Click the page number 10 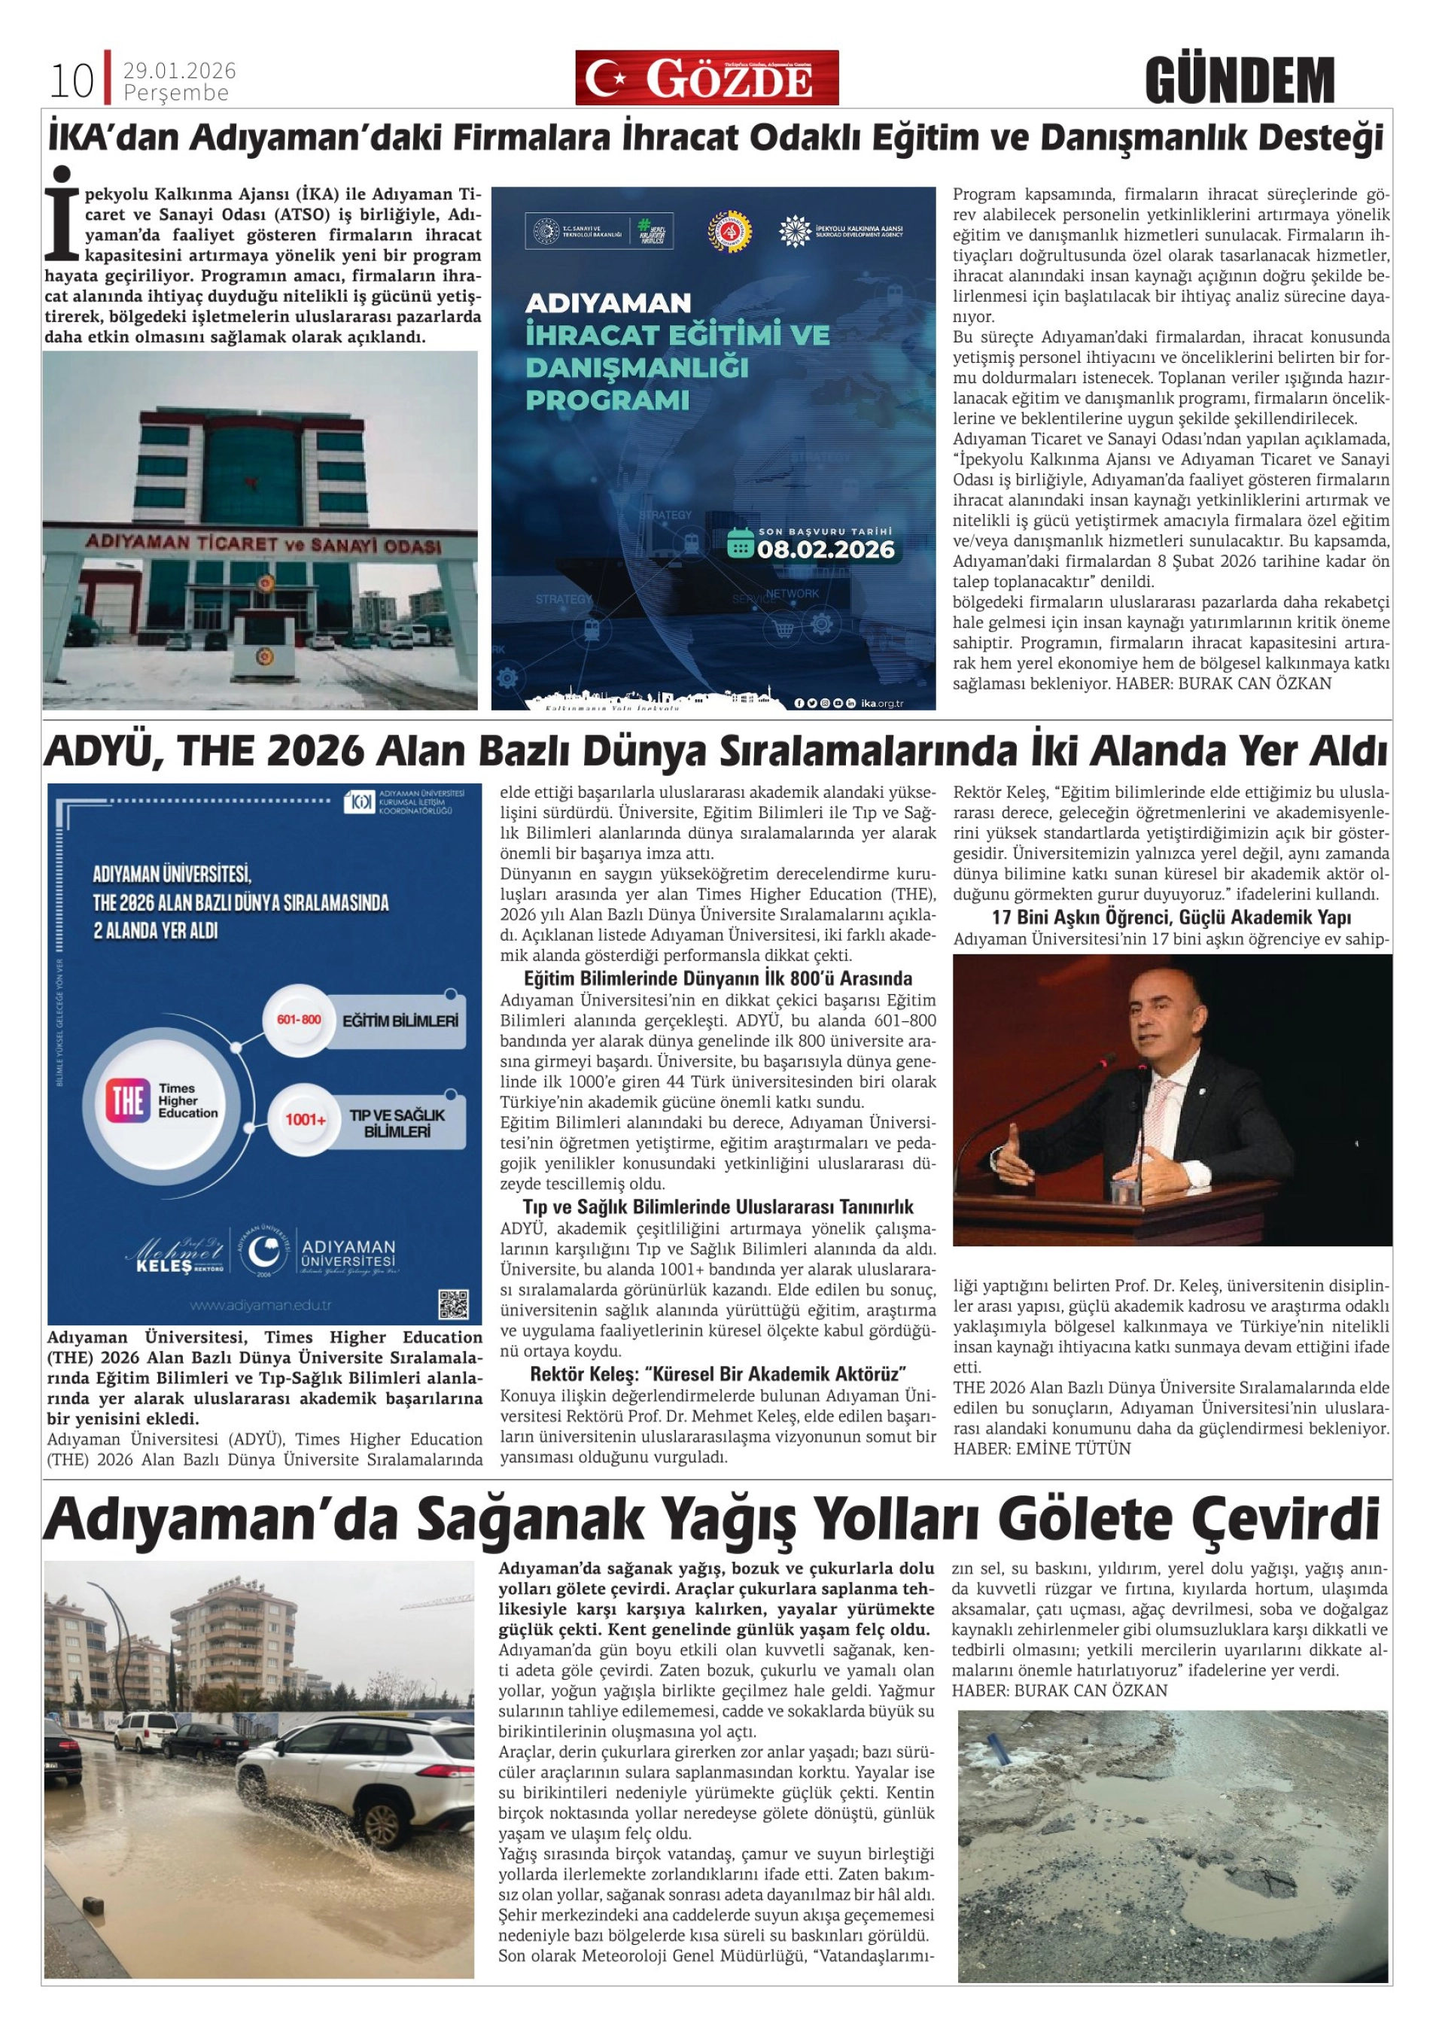(71, 81)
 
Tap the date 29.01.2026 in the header (180, 71)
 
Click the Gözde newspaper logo (707, 78)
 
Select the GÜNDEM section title (1240, 81)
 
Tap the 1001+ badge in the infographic (305, 1121)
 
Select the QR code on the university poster (453, 1304)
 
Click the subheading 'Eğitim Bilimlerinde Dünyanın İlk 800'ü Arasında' (718, 979)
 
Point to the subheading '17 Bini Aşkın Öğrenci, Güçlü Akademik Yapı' (1172, 917)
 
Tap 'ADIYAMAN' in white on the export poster (608, 303)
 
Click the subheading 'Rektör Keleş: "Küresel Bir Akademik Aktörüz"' (718, 1373)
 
